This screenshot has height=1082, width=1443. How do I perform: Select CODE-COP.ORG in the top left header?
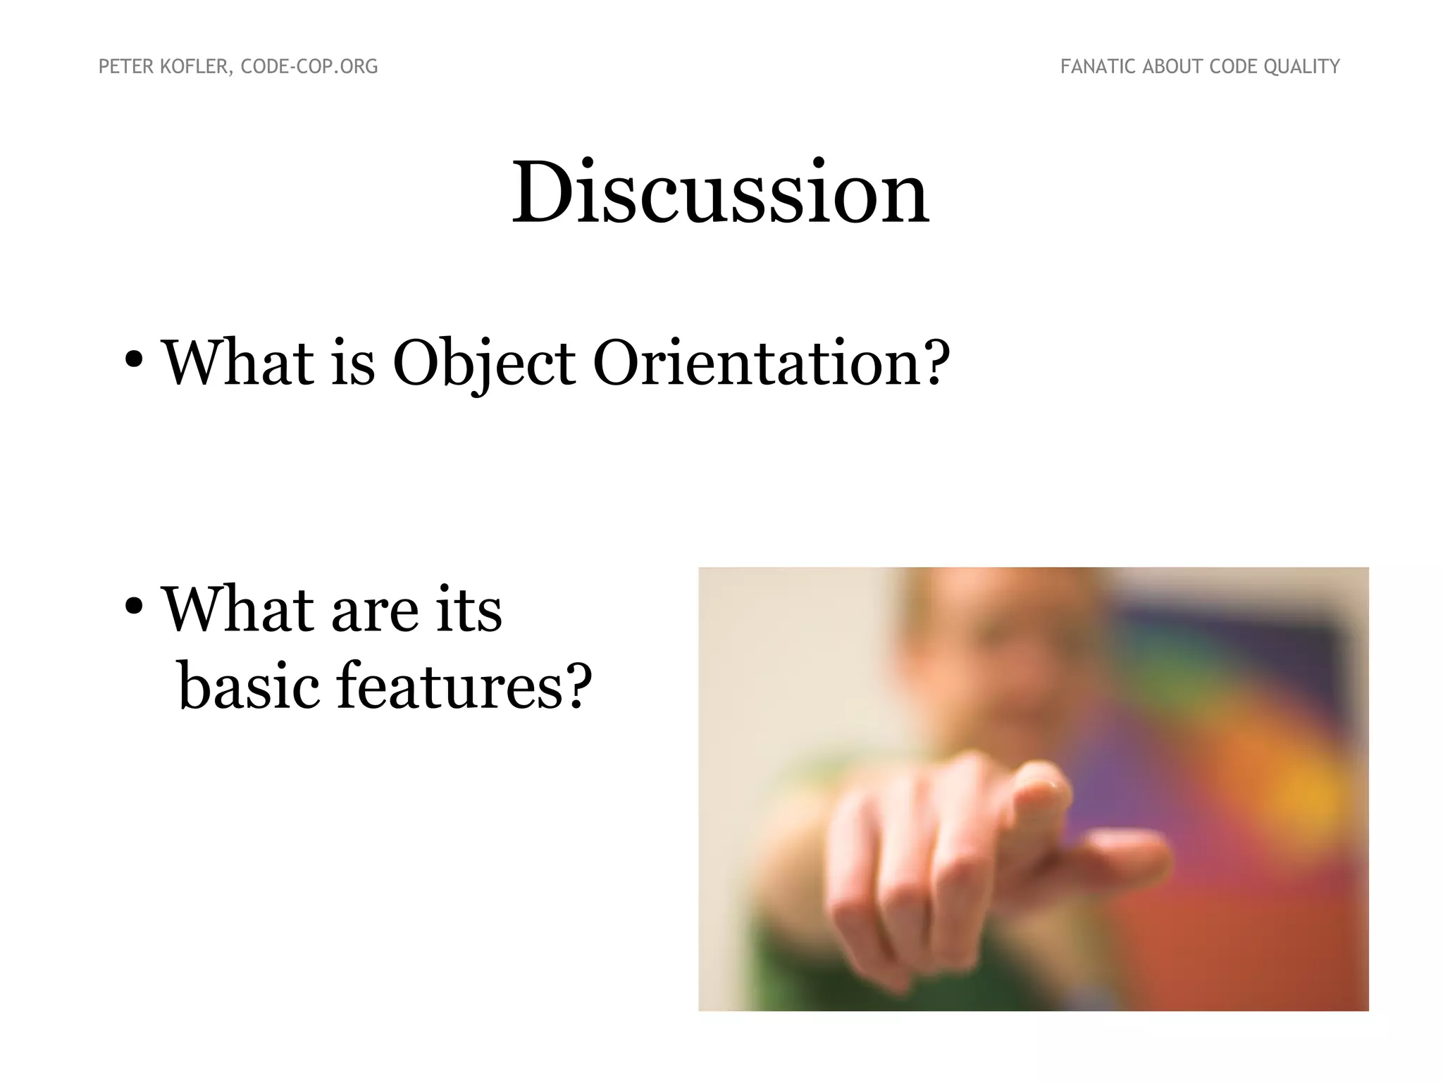(x=309, y=67)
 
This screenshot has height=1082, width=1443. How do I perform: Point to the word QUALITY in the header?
(x=1301, y=67)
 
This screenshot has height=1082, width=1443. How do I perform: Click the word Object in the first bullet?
(x=483, y=364)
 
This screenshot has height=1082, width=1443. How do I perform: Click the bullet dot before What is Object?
(x=134, y=360)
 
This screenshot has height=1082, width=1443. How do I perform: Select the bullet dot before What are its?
(x=134, y=607)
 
